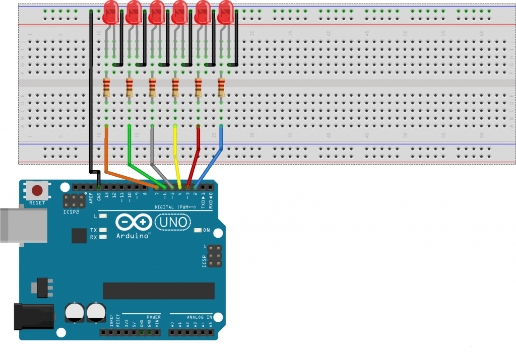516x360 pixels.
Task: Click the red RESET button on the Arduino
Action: pos(37,191)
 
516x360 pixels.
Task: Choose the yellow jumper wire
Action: pos(176,151)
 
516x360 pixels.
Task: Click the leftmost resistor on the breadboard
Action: pos(106,88)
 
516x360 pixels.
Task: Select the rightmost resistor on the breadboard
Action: pos(221,88)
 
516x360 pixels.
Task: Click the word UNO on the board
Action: pos(172,222)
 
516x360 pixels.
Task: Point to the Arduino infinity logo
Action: pos(135,222)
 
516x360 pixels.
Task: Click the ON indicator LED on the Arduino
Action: pos(198,231)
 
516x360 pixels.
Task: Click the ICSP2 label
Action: pos(70,212)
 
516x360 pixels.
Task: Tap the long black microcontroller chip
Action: pos(159,291)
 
